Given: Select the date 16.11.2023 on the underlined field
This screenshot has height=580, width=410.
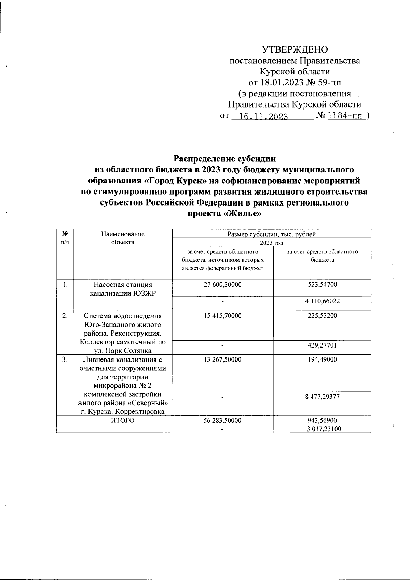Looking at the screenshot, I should point(263,117).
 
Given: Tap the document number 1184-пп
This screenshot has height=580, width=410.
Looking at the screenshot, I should point(346,116).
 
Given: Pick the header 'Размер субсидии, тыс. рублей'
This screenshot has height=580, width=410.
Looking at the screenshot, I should point(271,234).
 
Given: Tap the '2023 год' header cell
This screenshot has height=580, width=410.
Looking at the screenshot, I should point(271,243).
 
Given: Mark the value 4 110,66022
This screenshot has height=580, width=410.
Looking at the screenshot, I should point(322,301).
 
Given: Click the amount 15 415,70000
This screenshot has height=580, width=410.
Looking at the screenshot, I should point(222,316).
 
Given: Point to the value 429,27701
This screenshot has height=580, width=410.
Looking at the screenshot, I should point(322,345).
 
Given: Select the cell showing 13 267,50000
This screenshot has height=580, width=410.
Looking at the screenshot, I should point(222,359).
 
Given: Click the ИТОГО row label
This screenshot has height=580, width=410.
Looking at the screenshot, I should point(123,421).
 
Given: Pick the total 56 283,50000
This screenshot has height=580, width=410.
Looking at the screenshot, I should point(222,421).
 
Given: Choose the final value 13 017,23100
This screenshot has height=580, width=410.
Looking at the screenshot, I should point(322,429).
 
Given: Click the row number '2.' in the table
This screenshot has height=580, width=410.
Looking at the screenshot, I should point(65,316).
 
